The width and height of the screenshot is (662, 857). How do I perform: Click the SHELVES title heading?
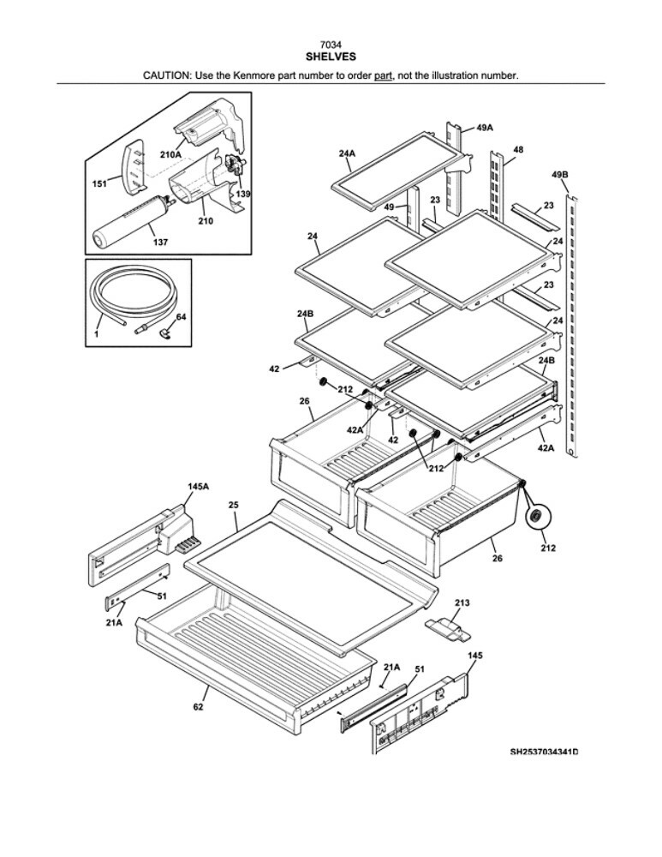click(331, 57)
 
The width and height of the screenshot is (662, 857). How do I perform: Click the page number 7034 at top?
click(331, 45)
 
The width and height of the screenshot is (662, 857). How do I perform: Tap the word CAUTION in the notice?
click(168, 75)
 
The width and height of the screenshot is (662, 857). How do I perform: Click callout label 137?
click(160, 243)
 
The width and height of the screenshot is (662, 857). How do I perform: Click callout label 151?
click(100, 183)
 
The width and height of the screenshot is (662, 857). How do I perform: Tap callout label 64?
click(181, 317)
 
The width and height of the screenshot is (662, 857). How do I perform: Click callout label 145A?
click(198, 486)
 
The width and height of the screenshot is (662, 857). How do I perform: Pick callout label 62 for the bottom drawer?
click(198, 707)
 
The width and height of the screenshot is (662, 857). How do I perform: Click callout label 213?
click(462, 603)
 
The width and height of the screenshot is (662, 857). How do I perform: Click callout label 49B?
click(560, 175)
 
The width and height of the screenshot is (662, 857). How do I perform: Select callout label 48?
click(518, 150)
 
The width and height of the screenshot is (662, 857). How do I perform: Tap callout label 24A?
click(346, 153)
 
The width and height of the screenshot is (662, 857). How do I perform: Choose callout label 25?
click(233, 505)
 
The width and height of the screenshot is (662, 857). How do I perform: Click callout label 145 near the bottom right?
click(474, 655)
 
